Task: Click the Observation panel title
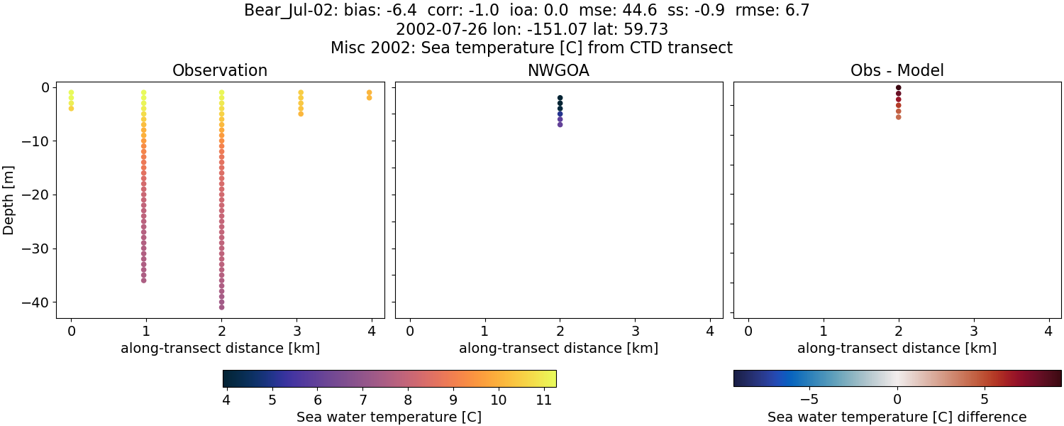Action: [220, 70]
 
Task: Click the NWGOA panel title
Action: [558, 70]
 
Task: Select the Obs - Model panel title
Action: [897, 70]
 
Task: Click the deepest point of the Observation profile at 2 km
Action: [221, 307]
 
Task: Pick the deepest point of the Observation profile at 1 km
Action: [143, 280]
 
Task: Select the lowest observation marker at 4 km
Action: [369, 98]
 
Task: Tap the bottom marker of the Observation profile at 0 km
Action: [71, 109]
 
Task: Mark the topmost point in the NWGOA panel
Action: [560, 98]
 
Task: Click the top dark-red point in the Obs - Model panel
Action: [898, 87]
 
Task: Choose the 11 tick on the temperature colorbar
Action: [543, 400]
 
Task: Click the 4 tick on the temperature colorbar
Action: [226, 400]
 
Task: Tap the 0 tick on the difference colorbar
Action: [897, 400]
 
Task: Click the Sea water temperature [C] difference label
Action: [897, 417]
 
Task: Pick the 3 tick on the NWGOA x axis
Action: [635, 331]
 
